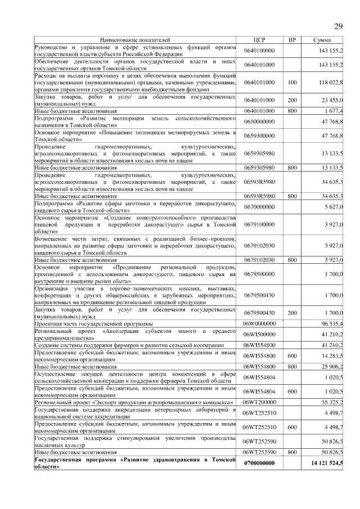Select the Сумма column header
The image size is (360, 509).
(x=322, y=40)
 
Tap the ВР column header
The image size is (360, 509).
(x=291, y=40)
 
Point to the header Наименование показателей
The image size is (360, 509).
(x=134, y=40)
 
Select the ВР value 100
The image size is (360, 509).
(x=291, y=82)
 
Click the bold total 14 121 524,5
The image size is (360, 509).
(x=327, y=463)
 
